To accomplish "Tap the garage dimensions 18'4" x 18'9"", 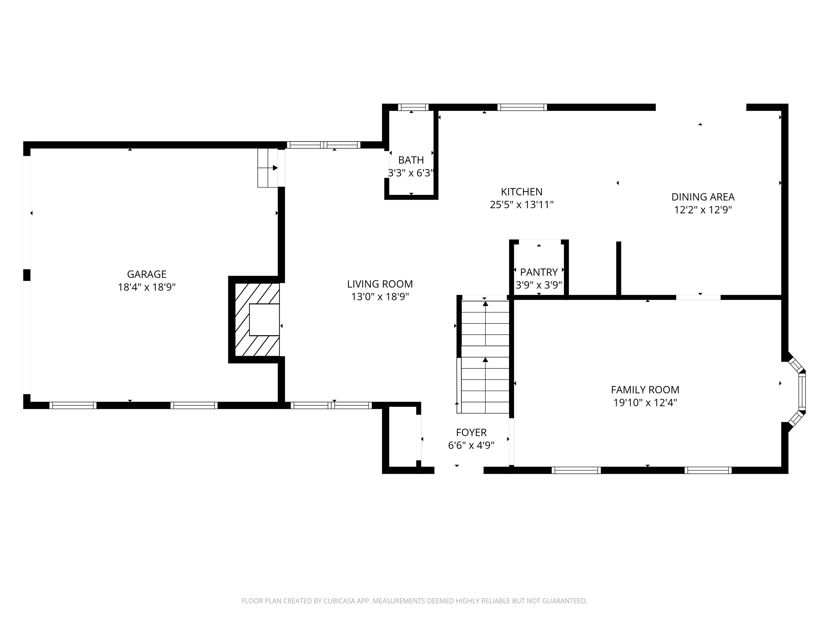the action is click(147, 287).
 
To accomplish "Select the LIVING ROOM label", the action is click(380, 284).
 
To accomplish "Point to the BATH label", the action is click(411, 160).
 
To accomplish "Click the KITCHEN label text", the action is click(522, 192).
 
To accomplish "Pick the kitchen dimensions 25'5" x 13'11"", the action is click(522, 205).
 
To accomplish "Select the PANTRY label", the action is click(539, 272).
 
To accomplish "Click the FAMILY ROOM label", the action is click(645, 390).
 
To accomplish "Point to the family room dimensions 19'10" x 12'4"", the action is click(645, 403).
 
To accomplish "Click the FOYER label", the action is click(471, 433).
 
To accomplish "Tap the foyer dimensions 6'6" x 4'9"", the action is click(471, 445).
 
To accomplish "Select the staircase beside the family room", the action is click(484, 354).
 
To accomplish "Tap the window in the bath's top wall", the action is click(413, 107).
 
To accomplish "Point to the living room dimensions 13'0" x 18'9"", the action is click(380, 297).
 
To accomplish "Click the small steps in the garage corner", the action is click(268, 168).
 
